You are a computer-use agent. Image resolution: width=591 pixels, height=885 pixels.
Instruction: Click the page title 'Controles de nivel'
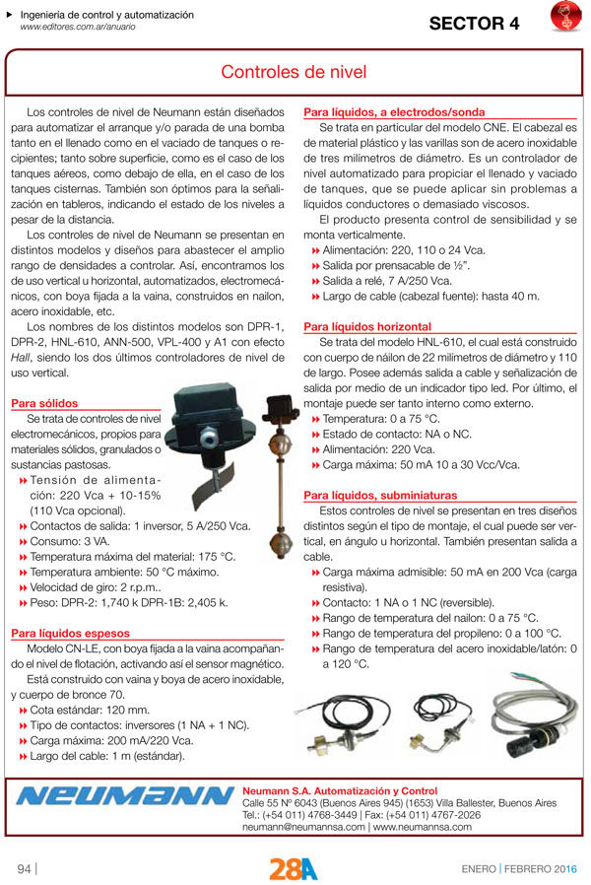(x=294, y=73)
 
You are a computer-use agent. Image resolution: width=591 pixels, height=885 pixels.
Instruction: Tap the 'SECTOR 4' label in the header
(x=473, y=25)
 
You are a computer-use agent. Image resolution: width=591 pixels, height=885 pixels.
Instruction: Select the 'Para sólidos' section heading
(x=44, y=403)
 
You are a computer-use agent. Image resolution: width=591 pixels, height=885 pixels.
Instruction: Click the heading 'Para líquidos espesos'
(x=72, y=633)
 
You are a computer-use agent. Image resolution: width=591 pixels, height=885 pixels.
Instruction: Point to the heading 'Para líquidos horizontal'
(x=367, y=326)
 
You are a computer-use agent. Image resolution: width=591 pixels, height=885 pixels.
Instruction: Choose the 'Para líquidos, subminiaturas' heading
(x=380, y=495)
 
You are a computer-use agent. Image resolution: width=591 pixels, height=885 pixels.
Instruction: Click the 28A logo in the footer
(x=294, y=868)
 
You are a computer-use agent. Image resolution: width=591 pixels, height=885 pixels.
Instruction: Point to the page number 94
(x=25, y=868)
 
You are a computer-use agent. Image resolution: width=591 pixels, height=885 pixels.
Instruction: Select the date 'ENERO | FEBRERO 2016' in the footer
(x=520, y=868)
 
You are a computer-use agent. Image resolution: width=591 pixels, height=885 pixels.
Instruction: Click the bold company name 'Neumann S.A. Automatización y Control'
(x=340, y=790)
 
